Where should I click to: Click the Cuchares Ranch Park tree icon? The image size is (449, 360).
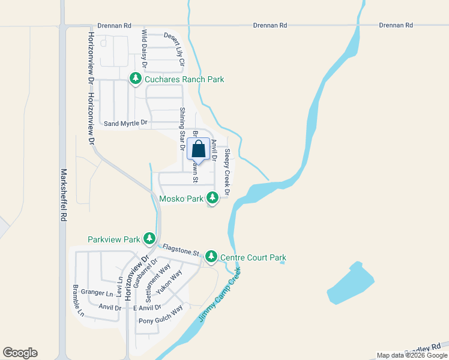click(x=136, y=79)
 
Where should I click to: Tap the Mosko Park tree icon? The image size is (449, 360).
click(x=212, y=197)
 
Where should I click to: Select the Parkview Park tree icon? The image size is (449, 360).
click(x=149, y=239)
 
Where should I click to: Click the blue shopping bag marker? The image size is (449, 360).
click(x=199, y=149)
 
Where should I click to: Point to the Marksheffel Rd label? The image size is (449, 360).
click(x=62, y=195)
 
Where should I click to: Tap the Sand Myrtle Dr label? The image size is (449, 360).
click(x=125, y=124)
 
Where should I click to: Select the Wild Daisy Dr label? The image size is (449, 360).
click(x=145, y=49)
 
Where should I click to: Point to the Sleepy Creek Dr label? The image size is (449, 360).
click(x=228, y=171)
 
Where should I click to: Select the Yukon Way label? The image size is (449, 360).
click(x=169, y=283)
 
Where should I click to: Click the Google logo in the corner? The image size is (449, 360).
click(x=20, y=353)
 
